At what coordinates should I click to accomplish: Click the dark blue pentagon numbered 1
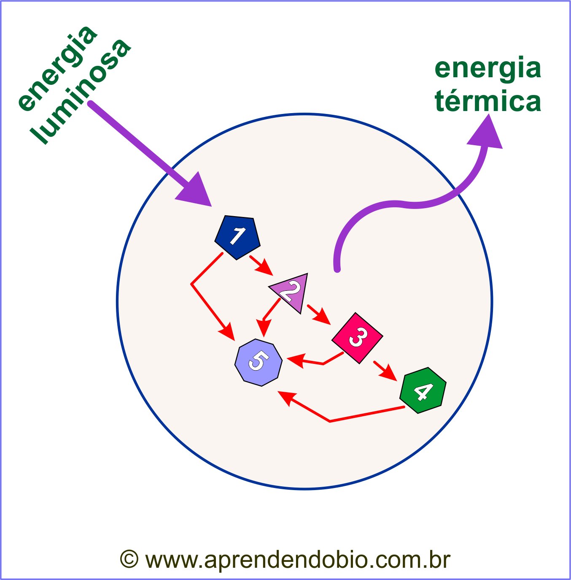click(237, 236)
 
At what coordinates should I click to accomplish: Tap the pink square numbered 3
click(358, 338)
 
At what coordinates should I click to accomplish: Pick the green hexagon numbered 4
click(423, 390)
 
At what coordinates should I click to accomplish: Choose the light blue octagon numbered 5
click(258, 362)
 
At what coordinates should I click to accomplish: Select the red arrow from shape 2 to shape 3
click(319, 314)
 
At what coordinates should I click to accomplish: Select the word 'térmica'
click(488, 102)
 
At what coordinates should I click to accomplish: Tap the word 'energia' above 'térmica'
click(488, 69)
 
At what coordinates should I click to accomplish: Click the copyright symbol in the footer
click(129, 559)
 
